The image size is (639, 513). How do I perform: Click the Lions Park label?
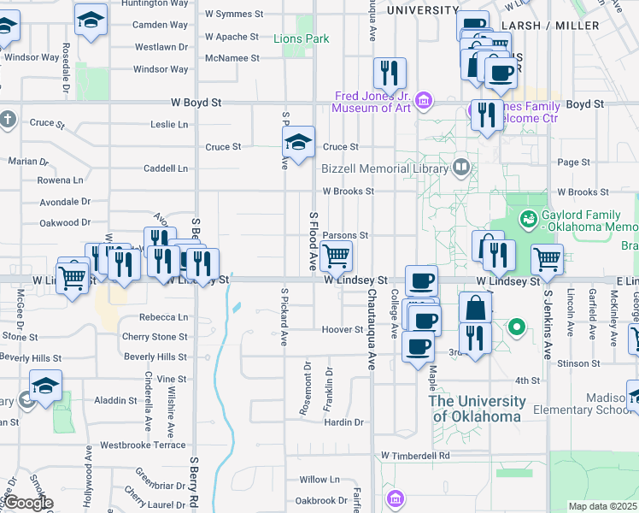coord(302,38)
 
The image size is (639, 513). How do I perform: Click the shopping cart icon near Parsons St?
coord(337,255)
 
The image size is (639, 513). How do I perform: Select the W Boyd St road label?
coord(196,102)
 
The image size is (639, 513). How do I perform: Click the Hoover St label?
coord(343,329)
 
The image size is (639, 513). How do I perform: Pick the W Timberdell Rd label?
coord(416,456)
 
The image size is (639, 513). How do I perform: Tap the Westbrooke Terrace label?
coord(143,445)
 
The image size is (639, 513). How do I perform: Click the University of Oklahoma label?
coord(477,409)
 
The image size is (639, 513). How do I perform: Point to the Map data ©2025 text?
coord(603,506)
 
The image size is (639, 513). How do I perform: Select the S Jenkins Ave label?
coord(548,321)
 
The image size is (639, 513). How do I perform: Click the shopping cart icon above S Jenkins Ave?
coord(547,257)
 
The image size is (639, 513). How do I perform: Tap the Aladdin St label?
coord(115,400)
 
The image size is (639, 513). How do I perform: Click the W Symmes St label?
coord(234,15)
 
